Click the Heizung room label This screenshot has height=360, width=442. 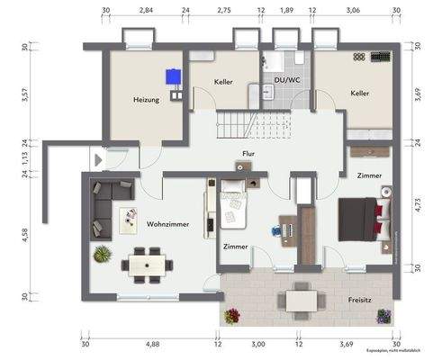pos(146,100)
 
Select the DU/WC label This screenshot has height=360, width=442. pos(285,81)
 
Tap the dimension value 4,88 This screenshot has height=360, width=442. pos(151,343)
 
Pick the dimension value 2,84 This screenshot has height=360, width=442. pos(145,10)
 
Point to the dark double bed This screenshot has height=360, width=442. pos(360,219)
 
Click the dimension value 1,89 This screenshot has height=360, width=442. pos(286,10)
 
